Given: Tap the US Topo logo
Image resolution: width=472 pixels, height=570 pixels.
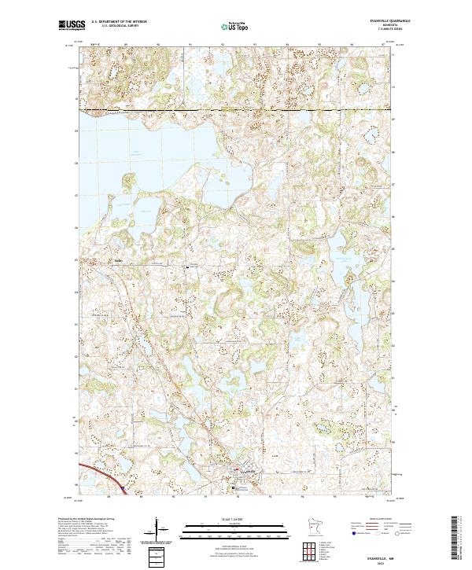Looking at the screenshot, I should click(235, 27).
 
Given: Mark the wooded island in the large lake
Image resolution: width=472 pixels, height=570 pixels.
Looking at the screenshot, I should click(126, 185).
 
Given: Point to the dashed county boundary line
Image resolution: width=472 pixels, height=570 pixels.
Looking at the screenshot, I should click(236, 109).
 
